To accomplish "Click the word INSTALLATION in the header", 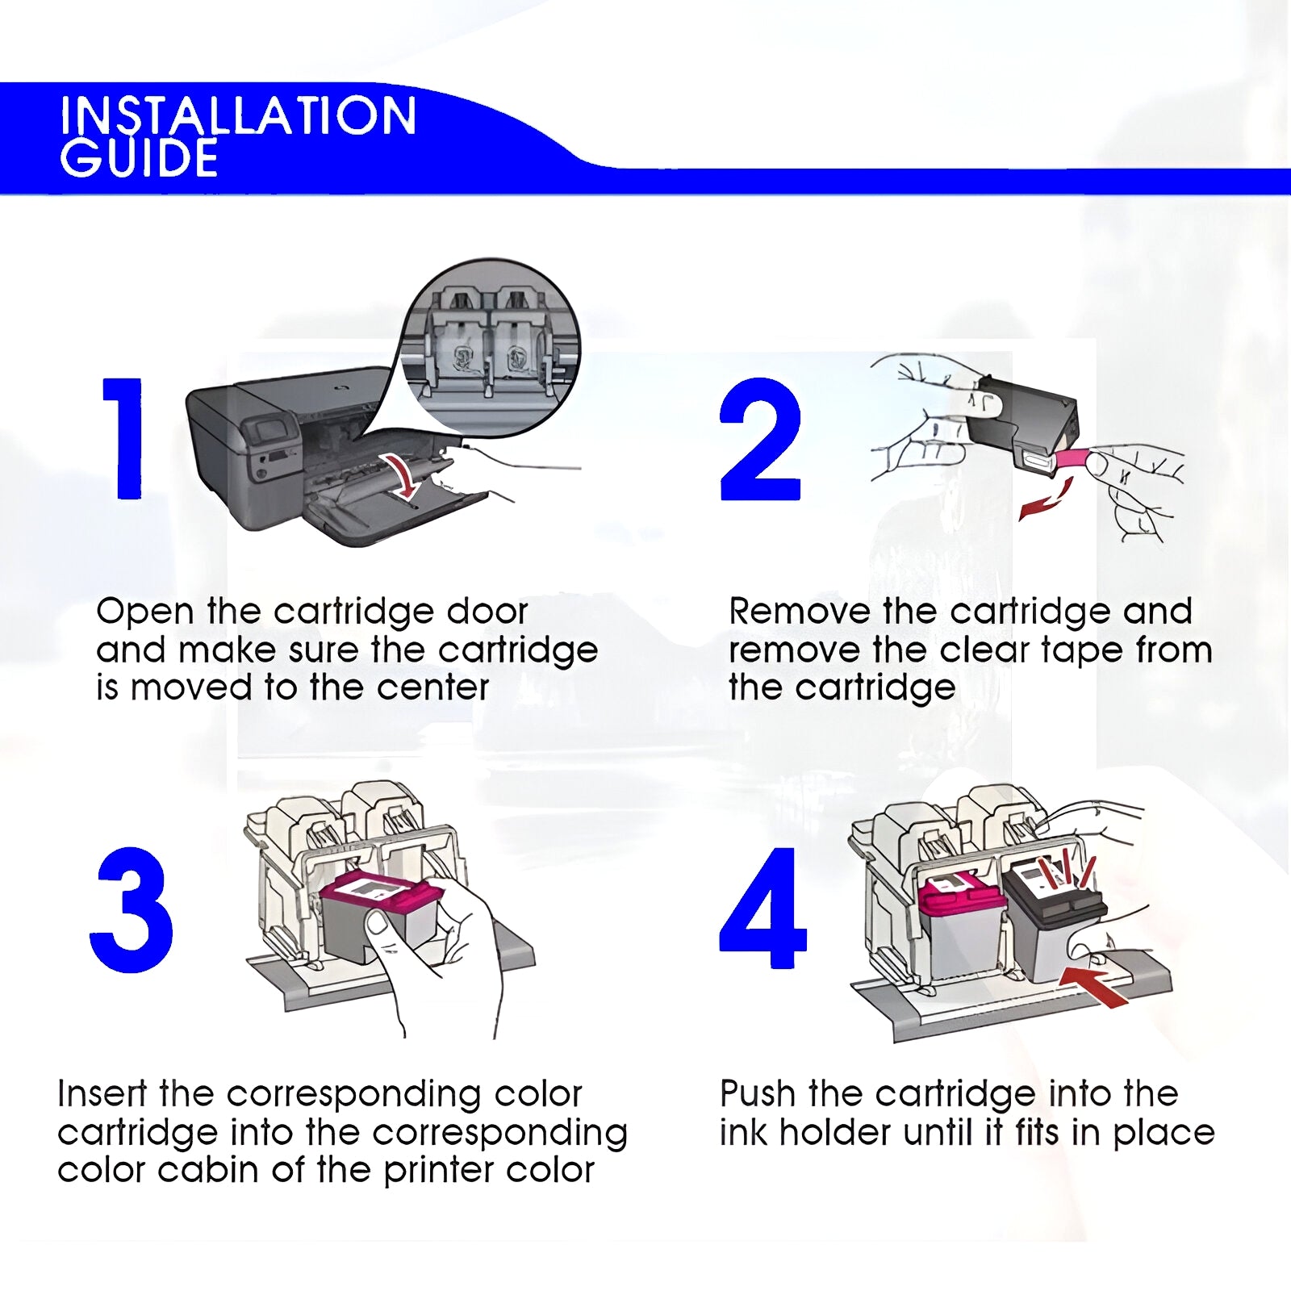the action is tap(238, 115).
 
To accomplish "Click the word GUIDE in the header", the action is tap(139, 157).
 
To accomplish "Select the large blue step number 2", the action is tap(760, 440).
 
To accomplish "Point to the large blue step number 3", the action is tap(132, 909).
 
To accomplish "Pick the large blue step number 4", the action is tap(762, 908).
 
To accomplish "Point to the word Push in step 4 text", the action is tap(757, 1094).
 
